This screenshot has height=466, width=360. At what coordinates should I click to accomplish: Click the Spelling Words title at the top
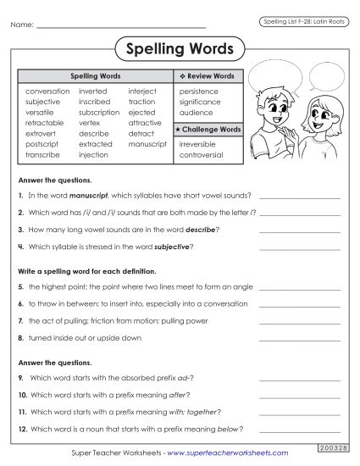180,48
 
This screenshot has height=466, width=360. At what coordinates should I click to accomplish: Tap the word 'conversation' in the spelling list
47,91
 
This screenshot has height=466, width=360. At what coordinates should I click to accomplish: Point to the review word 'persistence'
198,91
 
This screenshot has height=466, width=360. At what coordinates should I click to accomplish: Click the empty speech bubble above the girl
324,83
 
